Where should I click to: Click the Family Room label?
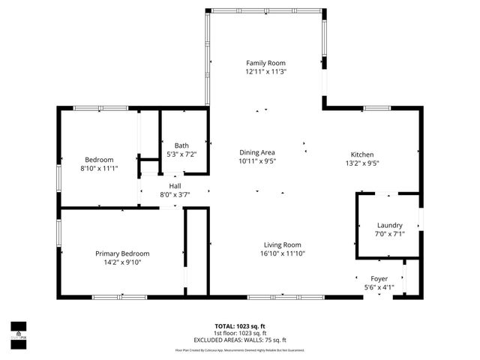(x=266, y=63)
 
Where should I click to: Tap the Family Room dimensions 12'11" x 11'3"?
(x=266, y=71)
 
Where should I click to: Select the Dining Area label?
(x=257, y=152)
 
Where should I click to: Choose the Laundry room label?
(x=389, y=225)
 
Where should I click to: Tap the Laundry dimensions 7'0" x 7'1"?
(x=389, y=233)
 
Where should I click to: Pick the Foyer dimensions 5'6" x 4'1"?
(x=379, y=287)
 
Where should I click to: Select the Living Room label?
(x=282, y=244)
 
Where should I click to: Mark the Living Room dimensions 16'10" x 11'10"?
(x=282, y=253)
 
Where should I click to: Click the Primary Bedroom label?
(x=122, y=253)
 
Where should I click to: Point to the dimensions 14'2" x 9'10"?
(x=122, y=262)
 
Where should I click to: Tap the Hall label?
(x=175, y=186)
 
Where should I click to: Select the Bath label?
(x=181, y=145)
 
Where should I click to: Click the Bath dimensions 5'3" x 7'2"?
(x=181, y=154)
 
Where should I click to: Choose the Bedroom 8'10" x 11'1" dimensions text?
(x=99, y=168)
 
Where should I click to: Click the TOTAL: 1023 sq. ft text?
(x=240, y=326)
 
